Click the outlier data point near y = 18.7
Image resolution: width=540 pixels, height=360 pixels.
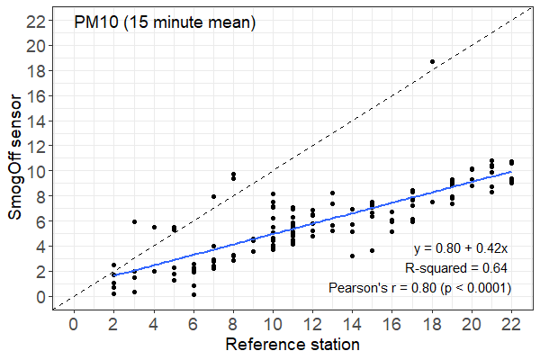click(x=432, y=61)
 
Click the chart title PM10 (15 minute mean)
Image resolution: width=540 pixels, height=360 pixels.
click(x=165, y=23)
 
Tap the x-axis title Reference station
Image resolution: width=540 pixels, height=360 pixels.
click(x=292, y=345)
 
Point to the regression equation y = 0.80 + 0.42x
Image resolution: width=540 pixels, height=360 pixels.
click(x=462, y=248)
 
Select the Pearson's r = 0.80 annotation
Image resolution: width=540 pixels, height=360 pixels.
click(x=420, y=288)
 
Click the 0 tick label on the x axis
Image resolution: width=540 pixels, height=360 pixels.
click(x=73, y=324)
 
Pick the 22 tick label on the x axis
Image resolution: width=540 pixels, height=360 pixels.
click(x=512, y=324)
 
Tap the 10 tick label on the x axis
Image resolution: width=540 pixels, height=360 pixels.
click(x=273, y=324)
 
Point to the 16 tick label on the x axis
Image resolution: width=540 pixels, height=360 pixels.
click(x=392, y=324)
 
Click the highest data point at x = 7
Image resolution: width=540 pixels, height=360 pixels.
click(x=213, y=196)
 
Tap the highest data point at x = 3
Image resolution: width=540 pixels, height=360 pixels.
click(x=134, y=221)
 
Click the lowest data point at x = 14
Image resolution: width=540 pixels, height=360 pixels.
click(x=353, y=256)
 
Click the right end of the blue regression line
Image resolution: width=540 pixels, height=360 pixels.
click(x=512, y=171)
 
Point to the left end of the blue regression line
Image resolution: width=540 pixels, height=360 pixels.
click(x=113, y=275)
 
